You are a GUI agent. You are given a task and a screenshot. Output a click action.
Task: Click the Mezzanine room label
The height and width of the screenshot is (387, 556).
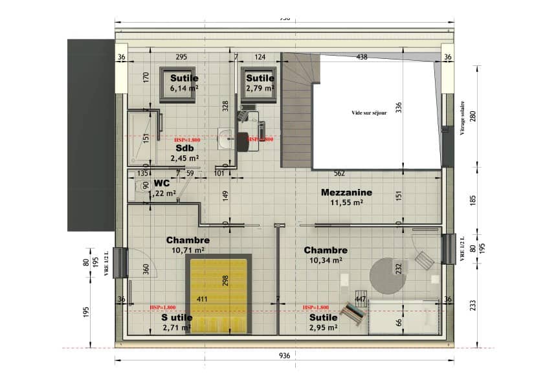click(346, 192)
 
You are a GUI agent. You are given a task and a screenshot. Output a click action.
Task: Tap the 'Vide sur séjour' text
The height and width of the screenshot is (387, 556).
click(369, 113)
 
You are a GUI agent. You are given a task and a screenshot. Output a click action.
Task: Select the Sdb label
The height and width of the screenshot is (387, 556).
click(185, 148)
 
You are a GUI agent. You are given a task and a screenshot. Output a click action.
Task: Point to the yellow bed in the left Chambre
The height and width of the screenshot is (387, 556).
click(218, 294)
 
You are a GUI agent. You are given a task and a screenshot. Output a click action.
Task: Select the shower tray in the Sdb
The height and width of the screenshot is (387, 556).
click(143, 137)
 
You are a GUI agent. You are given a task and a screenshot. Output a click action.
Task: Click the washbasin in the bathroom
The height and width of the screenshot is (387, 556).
click(226, 138)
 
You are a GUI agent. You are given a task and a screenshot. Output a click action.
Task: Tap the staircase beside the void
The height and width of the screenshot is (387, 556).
click(295, 110)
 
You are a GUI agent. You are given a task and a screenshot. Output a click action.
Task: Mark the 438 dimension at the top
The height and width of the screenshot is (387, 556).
click(362, 57)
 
